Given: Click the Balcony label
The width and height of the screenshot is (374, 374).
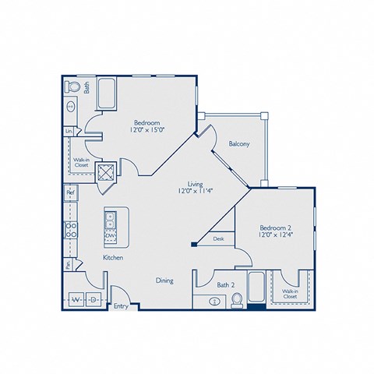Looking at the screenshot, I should [238, 144].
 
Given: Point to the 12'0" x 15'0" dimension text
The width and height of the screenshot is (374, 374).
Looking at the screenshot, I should [146, 130].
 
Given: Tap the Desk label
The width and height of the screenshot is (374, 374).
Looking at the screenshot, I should [218, 239].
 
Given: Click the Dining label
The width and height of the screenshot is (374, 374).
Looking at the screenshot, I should [164, 280].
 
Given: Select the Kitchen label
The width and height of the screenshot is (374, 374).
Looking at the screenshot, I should [114, 257].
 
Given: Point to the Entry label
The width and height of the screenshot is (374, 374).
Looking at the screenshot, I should [121, 307].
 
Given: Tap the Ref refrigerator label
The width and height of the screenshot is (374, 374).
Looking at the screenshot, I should [69, 192].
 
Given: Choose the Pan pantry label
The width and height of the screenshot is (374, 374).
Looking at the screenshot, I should [69, 265].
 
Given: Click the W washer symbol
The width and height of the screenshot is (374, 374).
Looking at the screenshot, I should [76, 298].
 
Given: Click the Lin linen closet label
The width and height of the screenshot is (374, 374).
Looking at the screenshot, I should [69, 132].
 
